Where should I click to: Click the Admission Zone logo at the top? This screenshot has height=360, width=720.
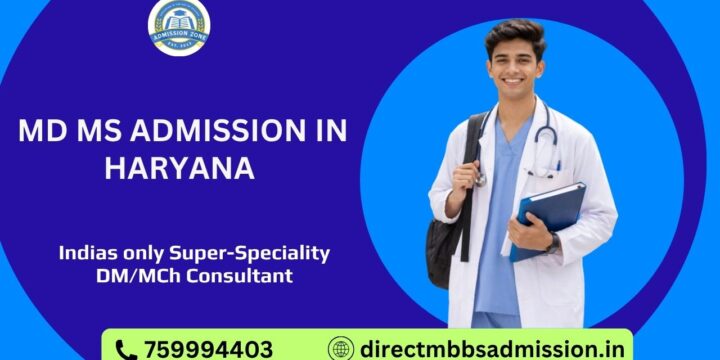point(179,27)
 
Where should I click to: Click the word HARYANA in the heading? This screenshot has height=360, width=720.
point(179,168)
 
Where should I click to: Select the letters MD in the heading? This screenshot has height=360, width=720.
point(41,132)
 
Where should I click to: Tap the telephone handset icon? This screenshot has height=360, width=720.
point(126,349)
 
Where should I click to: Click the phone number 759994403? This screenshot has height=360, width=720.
point(207,349)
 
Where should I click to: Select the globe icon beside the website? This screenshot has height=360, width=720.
point(341,349)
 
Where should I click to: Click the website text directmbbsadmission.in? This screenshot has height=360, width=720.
point(489,349)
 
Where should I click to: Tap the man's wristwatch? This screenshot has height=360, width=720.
point(553,243)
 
